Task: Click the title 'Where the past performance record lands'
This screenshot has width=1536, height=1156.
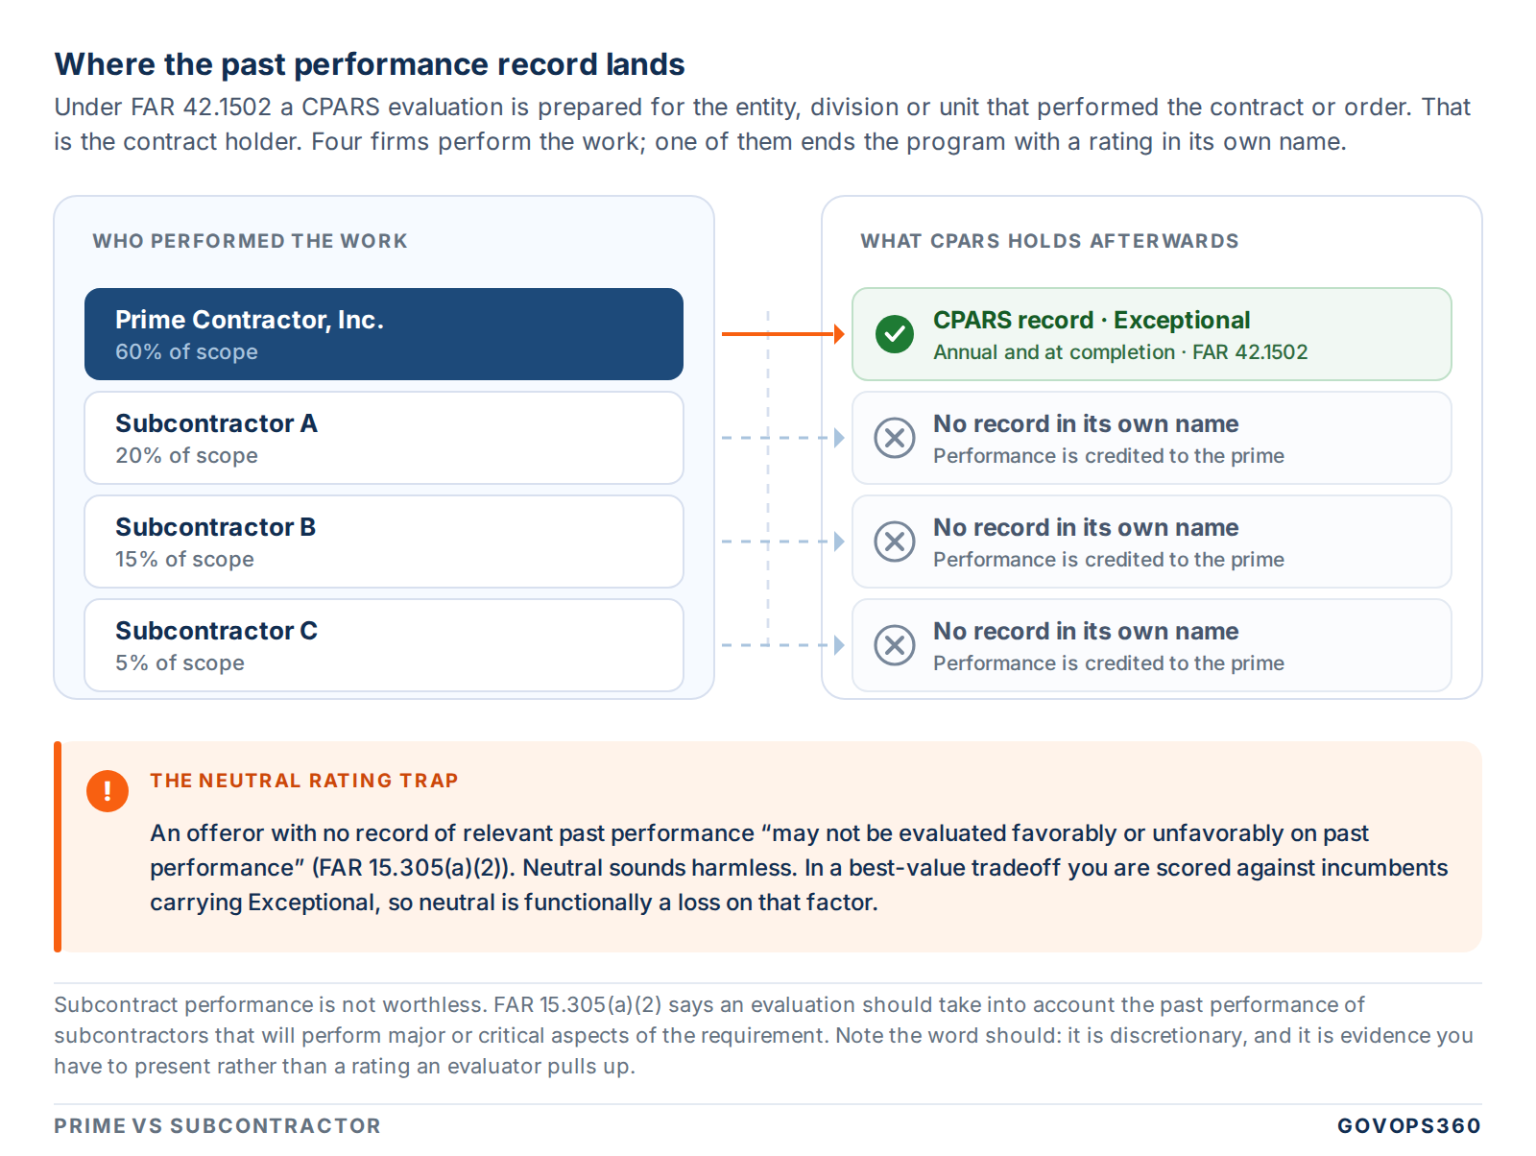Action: click(x=370, y=64)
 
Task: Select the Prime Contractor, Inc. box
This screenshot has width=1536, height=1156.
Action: click(x=383, y=334)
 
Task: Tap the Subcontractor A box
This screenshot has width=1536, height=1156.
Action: click(x=383, y=438)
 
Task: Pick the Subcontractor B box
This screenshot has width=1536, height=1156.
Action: click(x=383, y=541)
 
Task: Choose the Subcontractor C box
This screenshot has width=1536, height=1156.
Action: click(x=383, y=644)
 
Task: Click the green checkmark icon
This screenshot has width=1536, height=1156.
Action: click(x=895, y=334)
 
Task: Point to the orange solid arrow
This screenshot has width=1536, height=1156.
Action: click(x=783, y=334)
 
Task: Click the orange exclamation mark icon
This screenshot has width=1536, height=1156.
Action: click(x=108, y=791)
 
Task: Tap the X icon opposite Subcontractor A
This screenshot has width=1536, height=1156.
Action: click(x=895, y=438)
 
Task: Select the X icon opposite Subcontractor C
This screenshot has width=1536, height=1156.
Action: click(x=895, y=645)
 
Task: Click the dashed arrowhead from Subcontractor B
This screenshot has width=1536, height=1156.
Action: click(x=840, y=541)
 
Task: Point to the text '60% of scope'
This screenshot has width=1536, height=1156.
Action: click(x=187, y=351)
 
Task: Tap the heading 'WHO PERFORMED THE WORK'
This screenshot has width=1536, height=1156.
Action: click(x=250, y=241)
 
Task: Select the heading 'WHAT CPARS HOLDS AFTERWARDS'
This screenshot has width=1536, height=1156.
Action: click(x=1049, y=241)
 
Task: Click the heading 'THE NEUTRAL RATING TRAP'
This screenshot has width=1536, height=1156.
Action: click(x=304, y=781)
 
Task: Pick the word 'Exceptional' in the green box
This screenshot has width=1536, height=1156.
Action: click(x=1181, y=320)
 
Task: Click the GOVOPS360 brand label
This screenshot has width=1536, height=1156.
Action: click(x=1409, y=1125)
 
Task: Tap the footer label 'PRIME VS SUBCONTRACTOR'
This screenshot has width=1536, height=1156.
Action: click(x=218, y=1125)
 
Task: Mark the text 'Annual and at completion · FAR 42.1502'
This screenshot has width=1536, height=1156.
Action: click(x=1120, y=351)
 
